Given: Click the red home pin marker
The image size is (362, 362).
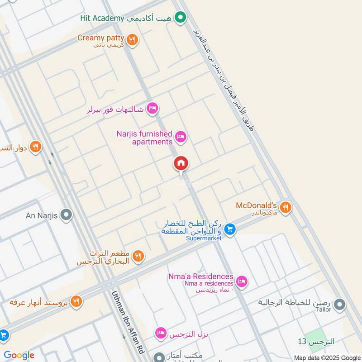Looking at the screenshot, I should tap(181, 164).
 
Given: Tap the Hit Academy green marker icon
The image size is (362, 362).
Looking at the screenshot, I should tap(181, 18).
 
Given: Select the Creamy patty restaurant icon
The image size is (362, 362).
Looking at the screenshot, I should tap(132, 40).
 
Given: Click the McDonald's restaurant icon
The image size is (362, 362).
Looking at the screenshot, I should tap(285, 207).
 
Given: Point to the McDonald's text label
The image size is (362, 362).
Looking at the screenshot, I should tap(256, 205).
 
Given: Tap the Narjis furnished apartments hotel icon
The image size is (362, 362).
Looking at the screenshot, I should tap(181, 136).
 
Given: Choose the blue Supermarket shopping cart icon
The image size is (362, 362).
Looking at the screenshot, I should tap(230, 229).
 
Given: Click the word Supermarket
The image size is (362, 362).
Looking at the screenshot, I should tap(204, 238).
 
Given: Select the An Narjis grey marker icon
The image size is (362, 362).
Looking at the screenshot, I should tap(67, 215).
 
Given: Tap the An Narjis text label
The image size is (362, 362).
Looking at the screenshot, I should tap(42, 215).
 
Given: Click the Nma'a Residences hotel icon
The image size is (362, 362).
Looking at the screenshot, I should tap(242, 281).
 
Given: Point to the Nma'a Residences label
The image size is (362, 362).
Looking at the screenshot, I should tap(207, 276).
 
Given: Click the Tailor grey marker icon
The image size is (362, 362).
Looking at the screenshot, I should tap(339, 305).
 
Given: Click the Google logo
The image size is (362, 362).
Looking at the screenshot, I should tap(19, 355).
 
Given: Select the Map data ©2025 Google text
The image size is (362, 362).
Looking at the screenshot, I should tap(327, 357).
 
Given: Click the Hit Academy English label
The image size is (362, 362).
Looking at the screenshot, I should tap(102, 18).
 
